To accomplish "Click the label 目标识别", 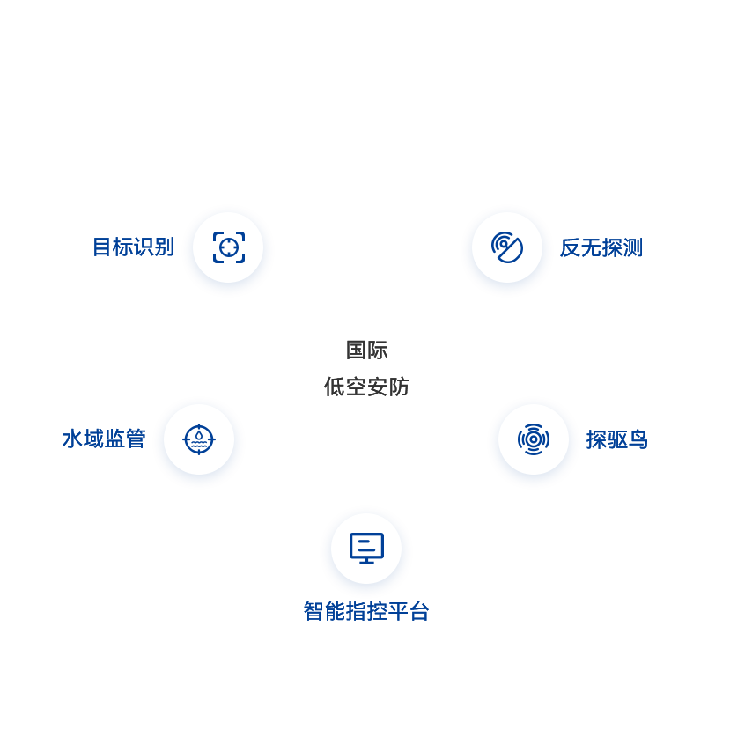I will coord(134,247).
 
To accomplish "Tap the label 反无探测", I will coord(601,248).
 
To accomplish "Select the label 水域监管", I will coord(103,438).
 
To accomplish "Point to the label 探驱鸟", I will coord(616,439).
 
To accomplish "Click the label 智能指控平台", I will coord(365,611).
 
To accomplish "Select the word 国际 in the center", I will coord(366,350).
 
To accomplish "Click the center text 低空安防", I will coord(366,386).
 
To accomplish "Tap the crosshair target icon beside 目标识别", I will coord(228,247).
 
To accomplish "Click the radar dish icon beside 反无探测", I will coord(506,247).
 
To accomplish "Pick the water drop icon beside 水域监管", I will coord(199,439).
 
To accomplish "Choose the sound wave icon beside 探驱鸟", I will coord(533,439).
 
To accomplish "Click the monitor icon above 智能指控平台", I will coord(366,548).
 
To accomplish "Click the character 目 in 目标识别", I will coord(104,247).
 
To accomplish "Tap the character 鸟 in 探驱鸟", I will coord(638,439).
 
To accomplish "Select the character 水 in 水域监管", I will coord(72,438).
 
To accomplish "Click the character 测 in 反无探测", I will coord(631,248).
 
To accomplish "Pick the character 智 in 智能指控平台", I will coord(314,611).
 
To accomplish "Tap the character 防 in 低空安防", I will coord(399,386).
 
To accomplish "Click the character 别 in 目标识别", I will coord(164,247).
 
